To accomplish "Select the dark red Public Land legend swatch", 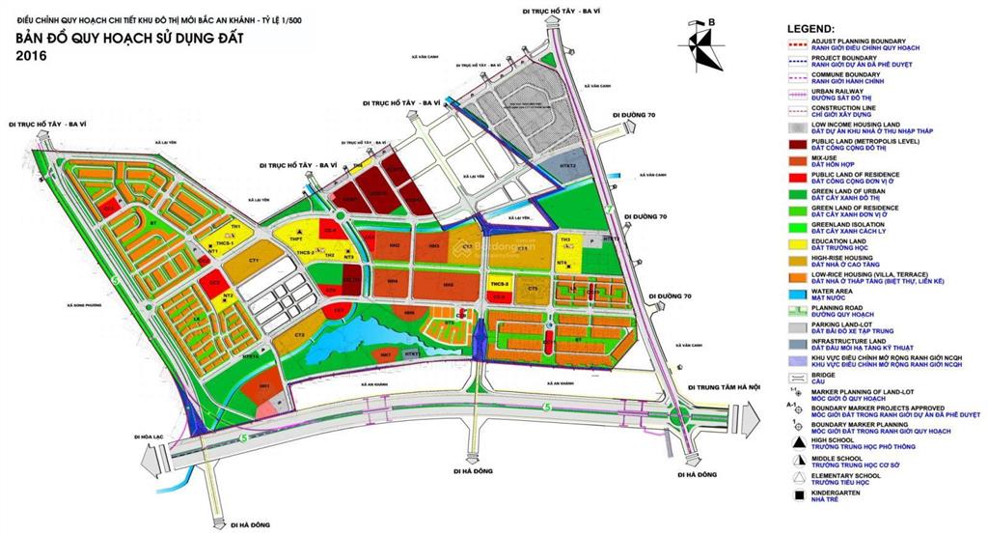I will [797, 143].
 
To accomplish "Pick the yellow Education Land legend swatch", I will [797, 243].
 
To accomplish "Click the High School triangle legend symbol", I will [797, 441].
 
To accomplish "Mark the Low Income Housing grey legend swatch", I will [797, 127].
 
